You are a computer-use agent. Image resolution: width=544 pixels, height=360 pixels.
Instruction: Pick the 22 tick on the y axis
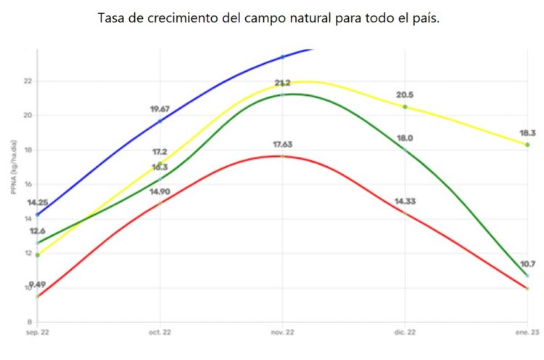point(28,81)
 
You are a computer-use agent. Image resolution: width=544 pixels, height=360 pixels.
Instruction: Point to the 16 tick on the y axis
point(28,184)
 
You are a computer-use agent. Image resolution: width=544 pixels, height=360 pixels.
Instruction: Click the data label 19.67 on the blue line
point(160,110)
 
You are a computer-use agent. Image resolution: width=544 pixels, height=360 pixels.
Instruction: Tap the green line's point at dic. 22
point(405,150)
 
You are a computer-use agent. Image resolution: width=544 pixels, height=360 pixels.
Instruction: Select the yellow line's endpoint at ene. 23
point(527,144)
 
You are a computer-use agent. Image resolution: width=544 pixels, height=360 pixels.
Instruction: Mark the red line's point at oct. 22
point(160,203)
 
